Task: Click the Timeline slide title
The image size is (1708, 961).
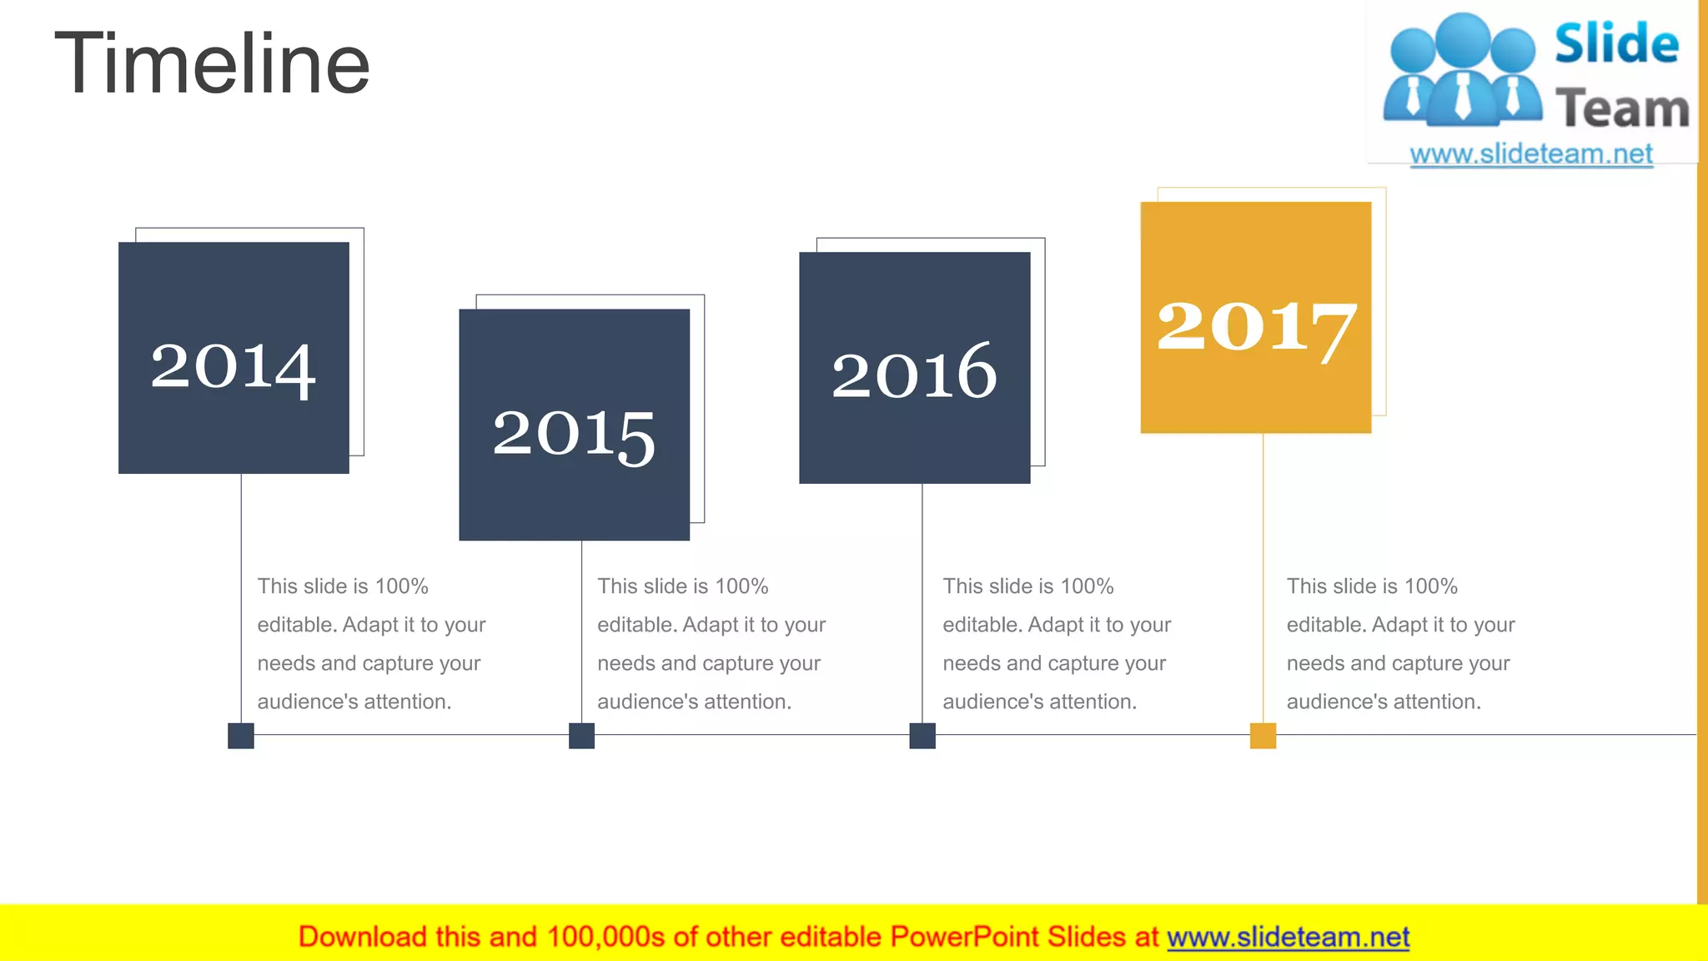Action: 212,63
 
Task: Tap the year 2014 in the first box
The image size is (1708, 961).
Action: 234,367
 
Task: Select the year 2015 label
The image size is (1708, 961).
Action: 574,434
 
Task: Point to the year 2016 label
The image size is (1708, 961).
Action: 914,372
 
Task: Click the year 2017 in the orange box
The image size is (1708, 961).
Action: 1256,327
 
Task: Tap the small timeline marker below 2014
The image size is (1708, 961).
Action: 241,736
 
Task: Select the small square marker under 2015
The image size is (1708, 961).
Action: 581,736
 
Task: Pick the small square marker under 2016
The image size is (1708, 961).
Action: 922,736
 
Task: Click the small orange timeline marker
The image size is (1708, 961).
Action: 1263,736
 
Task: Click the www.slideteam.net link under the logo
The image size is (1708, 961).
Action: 1531,154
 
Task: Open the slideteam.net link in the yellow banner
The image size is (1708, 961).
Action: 1288,938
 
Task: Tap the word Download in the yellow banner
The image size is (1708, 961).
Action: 363,938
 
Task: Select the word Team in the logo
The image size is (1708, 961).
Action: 1622,109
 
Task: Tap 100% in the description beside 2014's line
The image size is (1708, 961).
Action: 401,586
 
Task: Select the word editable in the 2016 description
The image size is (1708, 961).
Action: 981,625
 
